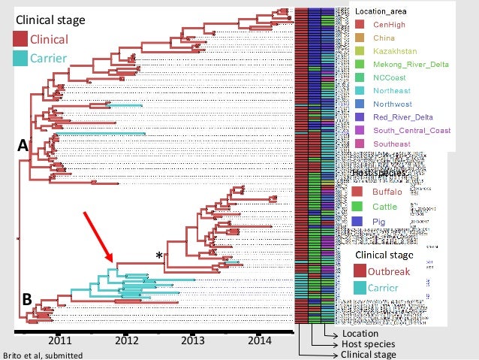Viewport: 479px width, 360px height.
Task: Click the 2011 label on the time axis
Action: [x=60, y=340]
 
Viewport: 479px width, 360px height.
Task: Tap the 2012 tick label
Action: [x=127, y=340]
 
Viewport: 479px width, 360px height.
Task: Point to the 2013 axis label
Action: [x=193, y=340]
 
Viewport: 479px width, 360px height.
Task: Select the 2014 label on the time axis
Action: [x=258, y=340]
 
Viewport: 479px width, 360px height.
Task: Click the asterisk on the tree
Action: [x=159, y=256]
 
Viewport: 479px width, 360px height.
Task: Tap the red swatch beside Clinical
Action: [x=20, y=39]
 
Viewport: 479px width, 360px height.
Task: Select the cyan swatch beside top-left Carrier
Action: [x=20, y=58]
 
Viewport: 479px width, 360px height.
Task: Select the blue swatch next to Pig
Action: [x=359, y=220]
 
